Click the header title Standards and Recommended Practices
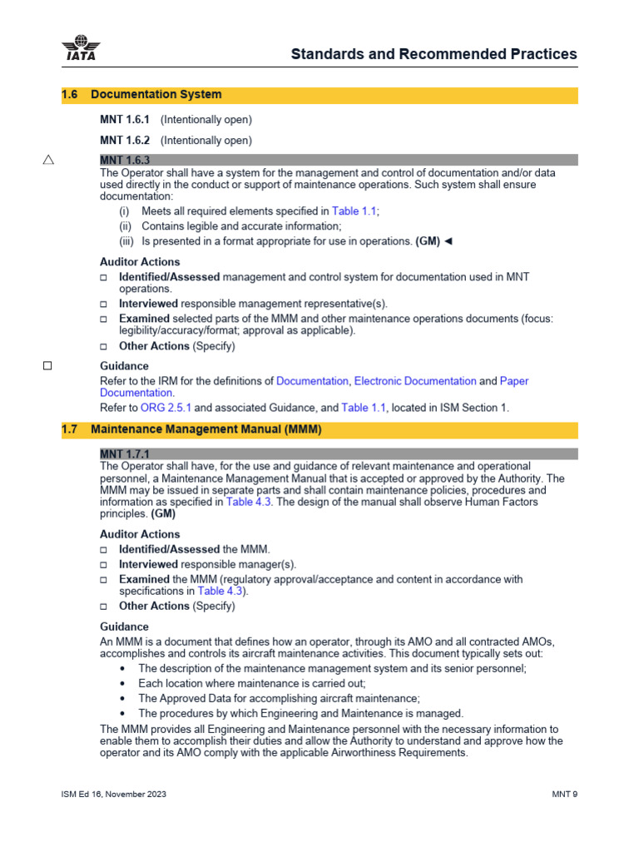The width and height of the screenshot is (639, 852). (433, 54)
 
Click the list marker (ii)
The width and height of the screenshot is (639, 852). (126, 226)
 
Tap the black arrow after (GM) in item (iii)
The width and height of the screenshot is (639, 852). (448, 241)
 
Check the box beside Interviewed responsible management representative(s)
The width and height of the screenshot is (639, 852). (104, 305)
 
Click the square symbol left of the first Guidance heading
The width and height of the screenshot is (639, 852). (47, 365)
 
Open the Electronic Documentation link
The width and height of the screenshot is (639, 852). (415, 381)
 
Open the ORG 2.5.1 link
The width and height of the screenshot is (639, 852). (166, 408)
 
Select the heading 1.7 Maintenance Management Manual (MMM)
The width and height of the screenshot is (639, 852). (191, 429)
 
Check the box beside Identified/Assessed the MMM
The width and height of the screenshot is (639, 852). (104, 550)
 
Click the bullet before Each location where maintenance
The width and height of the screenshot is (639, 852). (123, 683)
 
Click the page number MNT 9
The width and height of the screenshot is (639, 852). (564, 794)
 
